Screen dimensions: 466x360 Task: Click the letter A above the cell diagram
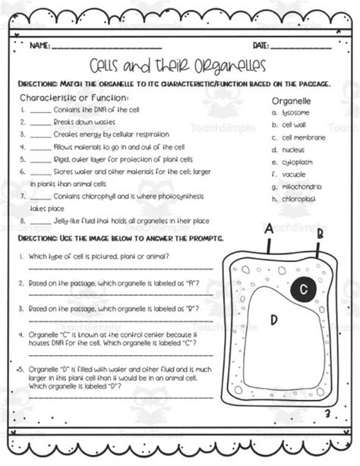coord(268,227)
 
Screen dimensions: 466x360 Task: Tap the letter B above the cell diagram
coord(320,233)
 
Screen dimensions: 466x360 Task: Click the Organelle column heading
coord(291,99)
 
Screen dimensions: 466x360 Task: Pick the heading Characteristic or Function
coord(74,98)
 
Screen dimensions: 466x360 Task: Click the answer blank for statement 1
coord(40,110)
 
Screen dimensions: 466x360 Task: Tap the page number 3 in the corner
coord(326,414)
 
